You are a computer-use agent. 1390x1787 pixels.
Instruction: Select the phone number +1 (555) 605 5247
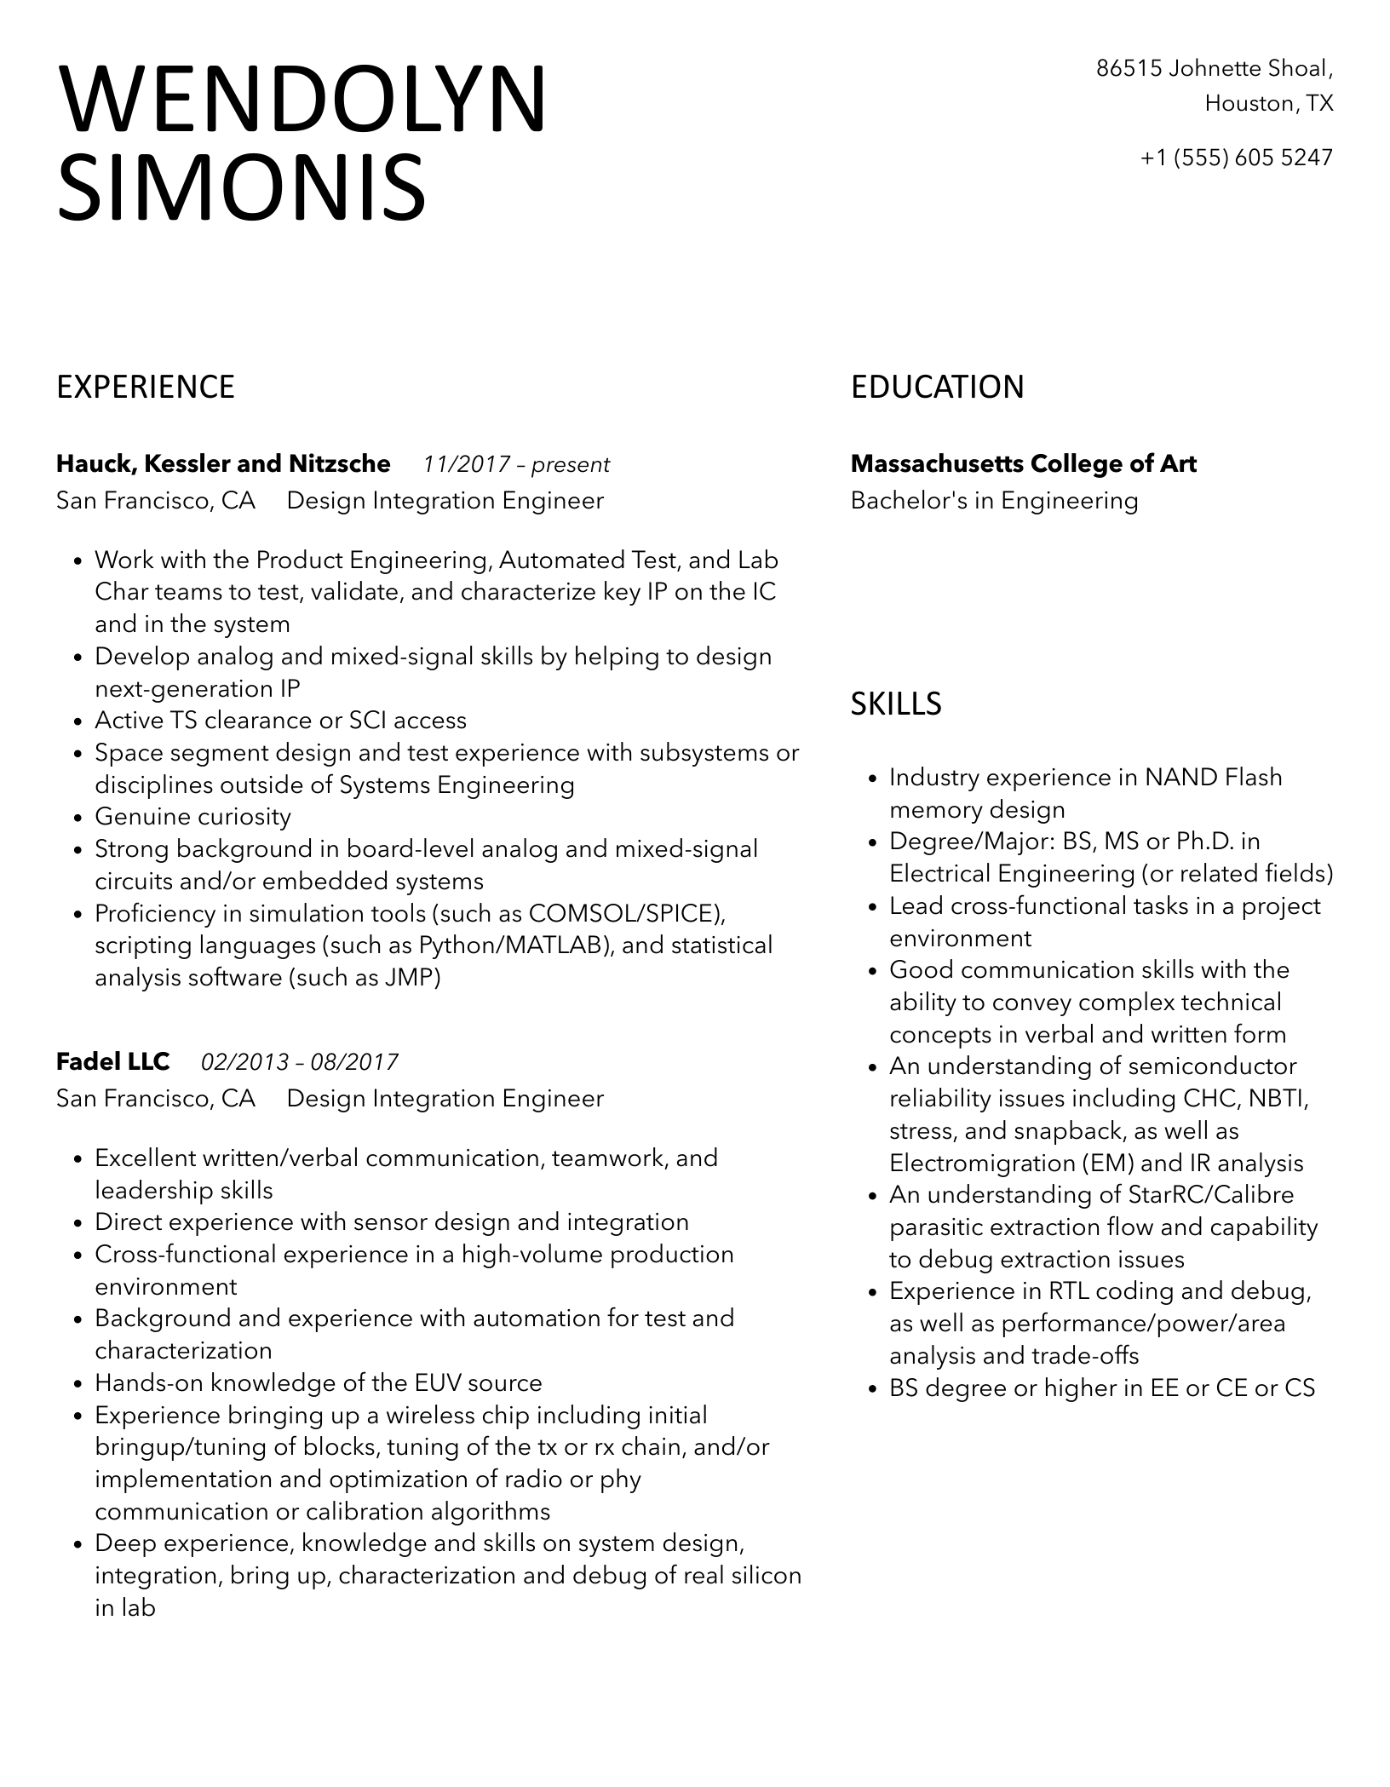[1236, 158]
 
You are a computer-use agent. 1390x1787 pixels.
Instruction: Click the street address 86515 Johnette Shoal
[1214, 68]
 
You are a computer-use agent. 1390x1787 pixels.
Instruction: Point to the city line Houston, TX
[1268, 104]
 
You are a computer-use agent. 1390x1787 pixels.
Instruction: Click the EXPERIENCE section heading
[146, 388]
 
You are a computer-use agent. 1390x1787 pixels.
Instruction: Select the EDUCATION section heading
[937, 388]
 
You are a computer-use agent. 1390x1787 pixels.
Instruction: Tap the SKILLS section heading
[896, 704]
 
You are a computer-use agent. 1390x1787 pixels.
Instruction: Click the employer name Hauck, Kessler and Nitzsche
[223, 464]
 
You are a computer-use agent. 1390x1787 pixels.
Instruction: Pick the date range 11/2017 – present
[516, 465]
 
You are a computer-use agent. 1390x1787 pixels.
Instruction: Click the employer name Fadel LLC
[112, 1062]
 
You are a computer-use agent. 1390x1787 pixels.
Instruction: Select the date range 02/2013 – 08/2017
[300, 1063]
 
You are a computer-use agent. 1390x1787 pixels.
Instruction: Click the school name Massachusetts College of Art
[1023, 464]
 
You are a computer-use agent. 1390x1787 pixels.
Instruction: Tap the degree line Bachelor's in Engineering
[994, 501]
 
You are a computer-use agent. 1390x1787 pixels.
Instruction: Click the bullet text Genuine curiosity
[192, 817]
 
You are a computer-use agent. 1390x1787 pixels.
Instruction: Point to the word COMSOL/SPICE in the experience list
[626, 914]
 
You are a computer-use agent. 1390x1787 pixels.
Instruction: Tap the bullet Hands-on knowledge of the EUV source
[318, 1382]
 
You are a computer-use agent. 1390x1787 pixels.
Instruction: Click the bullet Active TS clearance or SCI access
[280, 721]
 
